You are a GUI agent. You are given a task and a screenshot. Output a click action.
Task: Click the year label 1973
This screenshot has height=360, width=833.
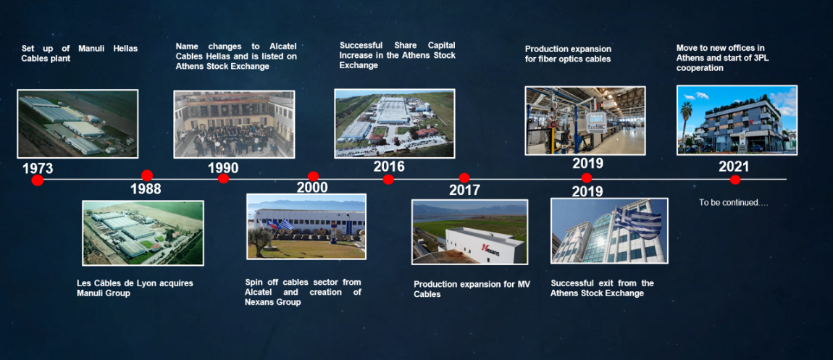coord(38,169)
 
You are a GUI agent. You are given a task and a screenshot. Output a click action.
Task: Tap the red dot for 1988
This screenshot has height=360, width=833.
coord(147,176)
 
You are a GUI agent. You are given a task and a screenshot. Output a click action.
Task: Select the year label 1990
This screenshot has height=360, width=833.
coord(223,168)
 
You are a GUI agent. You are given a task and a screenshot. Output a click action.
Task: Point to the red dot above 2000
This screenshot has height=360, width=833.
coord(313,176)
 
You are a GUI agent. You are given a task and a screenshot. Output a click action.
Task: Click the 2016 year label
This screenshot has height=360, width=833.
coord(389,166)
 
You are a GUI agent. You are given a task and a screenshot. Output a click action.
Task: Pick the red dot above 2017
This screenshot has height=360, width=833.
coord(464,178)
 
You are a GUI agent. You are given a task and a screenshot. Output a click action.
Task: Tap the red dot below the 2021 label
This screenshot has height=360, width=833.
coord(735,180)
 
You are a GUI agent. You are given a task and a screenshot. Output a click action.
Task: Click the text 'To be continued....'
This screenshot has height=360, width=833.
coord(734,202)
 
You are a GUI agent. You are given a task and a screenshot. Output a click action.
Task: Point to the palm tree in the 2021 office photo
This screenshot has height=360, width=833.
coord(687,122)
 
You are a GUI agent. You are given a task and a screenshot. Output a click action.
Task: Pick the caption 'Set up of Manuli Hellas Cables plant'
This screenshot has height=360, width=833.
coord(79,53)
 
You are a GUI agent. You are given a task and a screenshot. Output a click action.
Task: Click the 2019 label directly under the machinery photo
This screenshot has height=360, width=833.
coord(587,163)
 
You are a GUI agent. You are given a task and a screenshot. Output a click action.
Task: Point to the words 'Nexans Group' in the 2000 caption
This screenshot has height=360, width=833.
coord(272,302)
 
